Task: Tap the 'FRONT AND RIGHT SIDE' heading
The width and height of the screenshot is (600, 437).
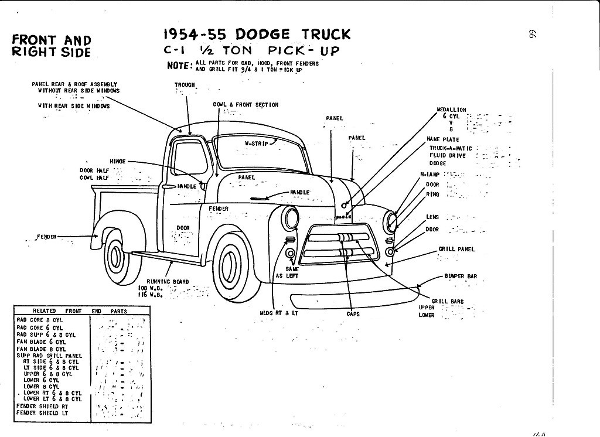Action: [x=52, y=46]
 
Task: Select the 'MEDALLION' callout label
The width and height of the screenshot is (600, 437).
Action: [x=451, y=110]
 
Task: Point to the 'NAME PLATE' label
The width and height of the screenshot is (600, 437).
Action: [x=443, y=139]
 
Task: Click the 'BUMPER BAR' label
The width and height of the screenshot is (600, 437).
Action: [x=461, y=276]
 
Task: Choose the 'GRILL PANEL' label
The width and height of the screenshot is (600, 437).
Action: [x=456, y=249]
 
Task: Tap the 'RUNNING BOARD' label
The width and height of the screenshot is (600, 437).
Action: [x=168, y=282]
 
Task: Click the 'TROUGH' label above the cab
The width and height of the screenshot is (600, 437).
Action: [x=185, y=85]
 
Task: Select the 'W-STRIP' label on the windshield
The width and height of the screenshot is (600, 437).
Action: [x=256, y=143]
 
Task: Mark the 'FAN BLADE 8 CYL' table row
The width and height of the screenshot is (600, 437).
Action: [x=41, y=349]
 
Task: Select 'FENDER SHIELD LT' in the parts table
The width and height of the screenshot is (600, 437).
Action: [x=43, y=412]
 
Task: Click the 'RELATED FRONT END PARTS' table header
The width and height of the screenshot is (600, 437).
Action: [x=80, y=311]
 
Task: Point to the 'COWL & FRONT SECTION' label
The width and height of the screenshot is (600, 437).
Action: [x=246, y=105]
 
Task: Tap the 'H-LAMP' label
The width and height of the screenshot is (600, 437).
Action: [x=429, y=175]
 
